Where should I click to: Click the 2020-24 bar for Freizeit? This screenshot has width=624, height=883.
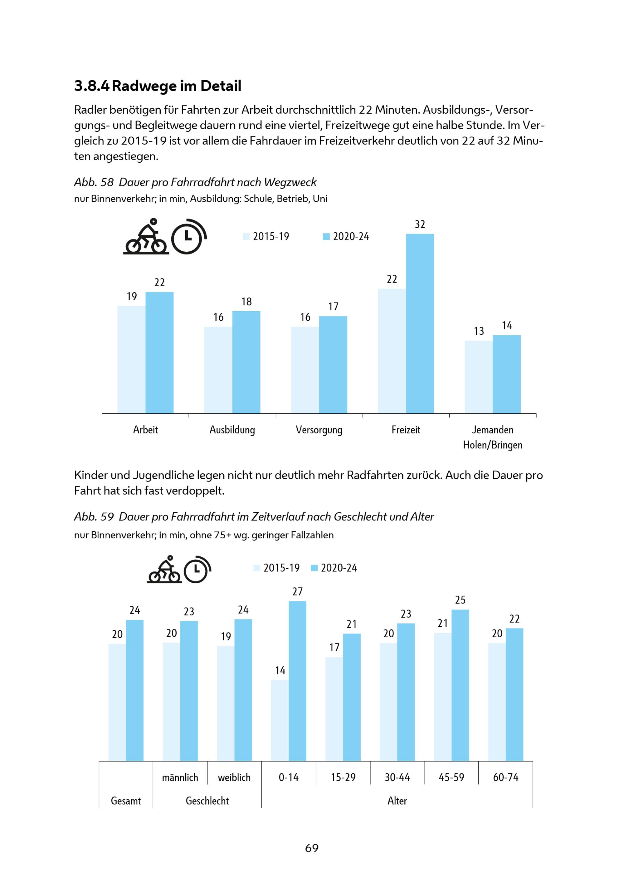(420, 323)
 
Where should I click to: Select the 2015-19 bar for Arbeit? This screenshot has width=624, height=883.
(131, 360)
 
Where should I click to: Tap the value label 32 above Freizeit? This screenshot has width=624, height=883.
(420, 224)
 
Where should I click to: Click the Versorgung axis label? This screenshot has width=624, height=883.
(319, 430)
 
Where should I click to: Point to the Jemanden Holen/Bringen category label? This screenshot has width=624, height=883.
(493, 437)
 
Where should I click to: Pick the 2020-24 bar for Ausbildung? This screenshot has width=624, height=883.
(246, 362)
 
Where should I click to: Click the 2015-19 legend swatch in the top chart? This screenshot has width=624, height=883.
(246, 237)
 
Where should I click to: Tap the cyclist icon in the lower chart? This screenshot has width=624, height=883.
(164, 570)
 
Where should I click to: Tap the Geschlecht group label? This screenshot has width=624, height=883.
(207, 801)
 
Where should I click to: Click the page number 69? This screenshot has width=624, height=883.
(312, 848)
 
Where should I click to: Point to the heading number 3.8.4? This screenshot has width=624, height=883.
(92, 86)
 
